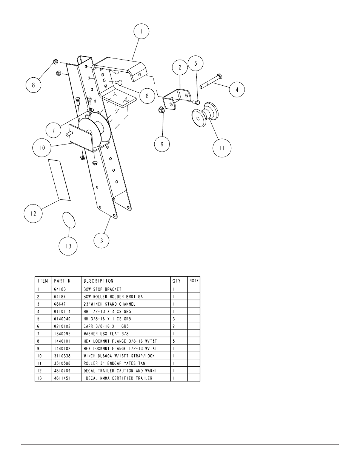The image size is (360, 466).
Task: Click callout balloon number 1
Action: coord(142,32)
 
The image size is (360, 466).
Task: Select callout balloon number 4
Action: coord(237,89)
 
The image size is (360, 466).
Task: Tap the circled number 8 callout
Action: coord(33,85)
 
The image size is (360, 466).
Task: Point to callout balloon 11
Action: coord(222,148)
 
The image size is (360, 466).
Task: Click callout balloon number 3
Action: coord(102,240)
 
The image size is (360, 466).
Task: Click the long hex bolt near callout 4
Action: coord(212,80)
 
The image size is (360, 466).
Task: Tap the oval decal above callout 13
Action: coord(68,220)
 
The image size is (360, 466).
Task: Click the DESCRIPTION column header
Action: coord(98,281)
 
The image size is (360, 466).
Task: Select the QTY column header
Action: coord(177,281)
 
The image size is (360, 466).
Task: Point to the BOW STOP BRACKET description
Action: coord(103,289)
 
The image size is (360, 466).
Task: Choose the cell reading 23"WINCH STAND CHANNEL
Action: coord(109,304)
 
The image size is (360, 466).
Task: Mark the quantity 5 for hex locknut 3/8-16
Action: coord(174,341)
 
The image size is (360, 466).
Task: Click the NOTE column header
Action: coord(194,281)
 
